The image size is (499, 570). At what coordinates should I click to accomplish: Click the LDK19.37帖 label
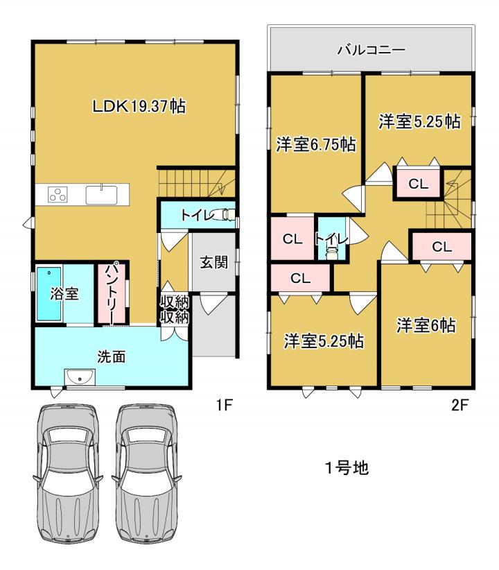click(x=139, y=107)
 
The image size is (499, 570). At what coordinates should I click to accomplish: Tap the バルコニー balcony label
click(x=371, y=50)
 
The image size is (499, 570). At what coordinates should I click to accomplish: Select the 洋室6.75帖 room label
click(x=315, y=145)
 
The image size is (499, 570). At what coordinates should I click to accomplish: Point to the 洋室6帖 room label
click(x=426, y=325)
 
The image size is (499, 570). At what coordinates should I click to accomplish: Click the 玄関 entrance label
click(x=214, y=261)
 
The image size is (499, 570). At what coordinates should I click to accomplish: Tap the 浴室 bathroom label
click(x=64, y=294)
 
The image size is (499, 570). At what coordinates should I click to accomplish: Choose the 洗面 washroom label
click(x=112, y=356)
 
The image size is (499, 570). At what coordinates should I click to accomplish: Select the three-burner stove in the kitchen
click(x=58, y=194)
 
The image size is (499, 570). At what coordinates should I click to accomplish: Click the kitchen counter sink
click(x=101, y=195)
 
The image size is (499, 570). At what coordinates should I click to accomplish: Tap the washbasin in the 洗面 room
click(x=80, y=377)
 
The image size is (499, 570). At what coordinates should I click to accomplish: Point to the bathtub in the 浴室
click(x=49, y=294)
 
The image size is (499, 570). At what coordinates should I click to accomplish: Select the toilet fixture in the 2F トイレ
click(x=331, y=252)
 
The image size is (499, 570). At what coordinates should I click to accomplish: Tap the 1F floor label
click(x=225, y=405)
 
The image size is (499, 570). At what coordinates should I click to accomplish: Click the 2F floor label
click(x=459, y=405)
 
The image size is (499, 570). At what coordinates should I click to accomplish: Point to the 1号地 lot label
click(x=347, y=468)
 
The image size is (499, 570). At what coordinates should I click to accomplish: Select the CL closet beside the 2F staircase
click(x=419, y=184)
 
